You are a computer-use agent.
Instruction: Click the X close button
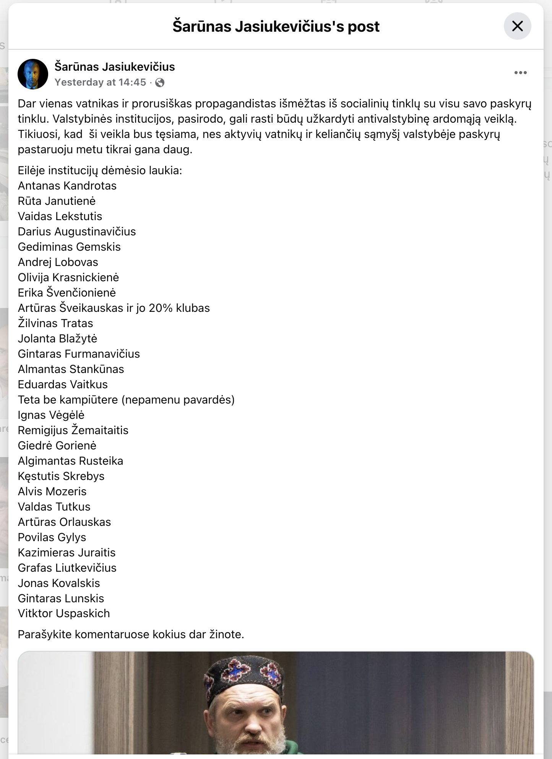pyautogui.click(x=517, y=26)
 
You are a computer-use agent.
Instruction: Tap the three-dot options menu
pyautogui.click(x=520, y=73)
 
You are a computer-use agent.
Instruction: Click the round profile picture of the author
pyautogui.click(x=33, y=74)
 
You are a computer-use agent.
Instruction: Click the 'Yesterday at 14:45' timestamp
pyautogui.click(x=100, y=82)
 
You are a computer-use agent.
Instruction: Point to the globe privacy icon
pyautogui.click(x=160, y=83)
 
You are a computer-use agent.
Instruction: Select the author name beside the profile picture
pyautogui.click(x=115, y=67)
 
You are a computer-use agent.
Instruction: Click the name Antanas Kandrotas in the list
pyautogui.click(x=67, y=186)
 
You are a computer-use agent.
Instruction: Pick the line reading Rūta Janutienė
pyautogui.click(x=57, y=201)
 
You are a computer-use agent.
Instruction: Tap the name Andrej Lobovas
pyautogui.click(x=58, y=262)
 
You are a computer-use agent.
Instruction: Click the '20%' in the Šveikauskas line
pyautogui.click(x=161, y=308)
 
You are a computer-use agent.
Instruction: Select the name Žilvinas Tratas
pyautogui.click(x=55, y=323)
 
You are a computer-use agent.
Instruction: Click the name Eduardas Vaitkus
pyautogui.click(x=63, y=384)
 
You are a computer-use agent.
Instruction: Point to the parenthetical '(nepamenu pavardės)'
pyautogui.click(x=178, y=400)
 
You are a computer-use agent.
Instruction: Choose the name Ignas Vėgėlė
pyautogui.click(x=51, y=415)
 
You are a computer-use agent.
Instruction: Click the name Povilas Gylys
pyautogui.click(x=52, y=537)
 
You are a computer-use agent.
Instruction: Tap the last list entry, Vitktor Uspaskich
pyautogui.click(x=64, y=613)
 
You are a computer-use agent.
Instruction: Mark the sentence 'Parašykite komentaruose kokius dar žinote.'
pyautogui.click(x=131, y=634)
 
